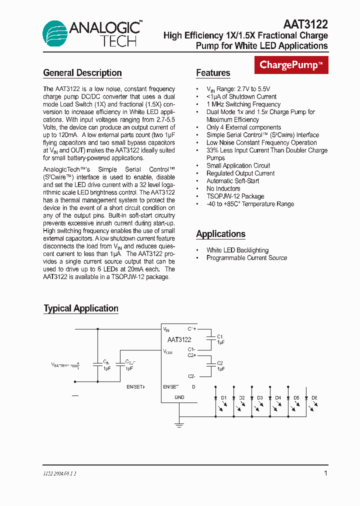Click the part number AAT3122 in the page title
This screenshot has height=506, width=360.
click(x=305, y=24)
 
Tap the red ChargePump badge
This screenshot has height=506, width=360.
click(x=291, y=65)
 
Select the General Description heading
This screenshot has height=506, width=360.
click(x=82, y=73)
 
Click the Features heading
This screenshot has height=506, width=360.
click(x=213, y=73)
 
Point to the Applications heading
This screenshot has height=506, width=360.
click(x=220, y=234)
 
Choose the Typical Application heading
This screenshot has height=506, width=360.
click(x=81, y=308)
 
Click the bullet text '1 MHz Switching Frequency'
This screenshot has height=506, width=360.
click(x=243, y=104)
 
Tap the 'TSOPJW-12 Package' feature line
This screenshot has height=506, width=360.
click(x=235, y=196)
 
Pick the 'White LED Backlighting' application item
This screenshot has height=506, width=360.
click(x=237, y=250)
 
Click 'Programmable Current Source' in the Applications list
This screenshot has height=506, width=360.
click(x=246, y=258)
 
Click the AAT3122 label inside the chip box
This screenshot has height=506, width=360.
click(x=179, y=340)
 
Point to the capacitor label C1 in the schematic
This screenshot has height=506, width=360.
click(x=220, y=336)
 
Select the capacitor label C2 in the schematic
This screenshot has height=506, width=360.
click(x=220, y=363)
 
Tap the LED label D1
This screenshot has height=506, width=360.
click(x=224, y=398)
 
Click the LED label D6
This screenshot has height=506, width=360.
click(x=314, y=398)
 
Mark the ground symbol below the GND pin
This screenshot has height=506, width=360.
click(x=179, y=425)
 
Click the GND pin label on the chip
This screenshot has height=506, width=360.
click(x=179, y=397)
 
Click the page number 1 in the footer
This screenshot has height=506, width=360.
click(x=325, y=473)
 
